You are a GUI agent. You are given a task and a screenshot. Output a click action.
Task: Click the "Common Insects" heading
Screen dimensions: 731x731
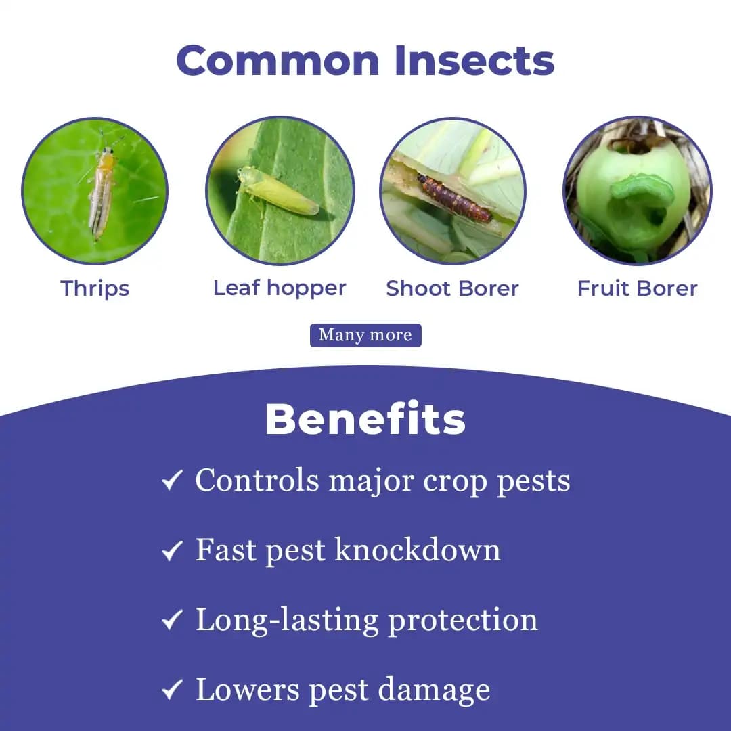(365, 60)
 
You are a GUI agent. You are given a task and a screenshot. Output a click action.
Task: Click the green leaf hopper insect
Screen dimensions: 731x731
(278, 190)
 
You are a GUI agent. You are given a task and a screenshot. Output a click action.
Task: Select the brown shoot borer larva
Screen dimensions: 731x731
(453, 198)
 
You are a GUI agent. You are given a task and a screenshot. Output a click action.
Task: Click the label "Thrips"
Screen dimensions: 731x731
(95, 288)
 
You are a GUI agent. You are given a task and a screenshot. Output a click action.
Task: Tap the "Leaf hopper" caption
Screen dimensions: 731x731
(280, 288)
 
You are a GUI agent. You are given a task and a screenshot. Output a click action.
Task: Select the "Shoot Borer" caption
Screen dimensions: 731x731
(452, 288)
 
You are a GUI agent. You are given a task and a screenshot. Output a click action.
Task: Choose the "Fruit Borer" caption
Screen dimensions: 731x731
(637, 288)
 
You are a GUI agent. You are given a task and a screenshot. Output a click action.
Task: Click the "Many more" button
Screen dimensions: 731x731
(365, 335)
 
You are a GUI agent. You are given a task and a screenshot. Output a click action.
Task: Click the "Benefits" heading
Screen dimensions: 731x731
(365, 420)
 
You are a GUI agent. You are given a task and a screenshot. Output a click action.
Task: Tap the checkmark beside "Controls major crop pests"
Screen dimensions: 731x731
(172, 481)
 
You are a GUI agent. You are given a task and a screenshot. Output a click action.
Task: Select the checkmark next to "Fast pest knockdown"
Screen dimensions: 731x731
(172, 551)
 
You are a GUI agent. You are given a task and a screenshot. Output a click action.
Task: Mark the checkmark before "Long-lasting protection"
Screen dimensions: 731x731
(172, 620)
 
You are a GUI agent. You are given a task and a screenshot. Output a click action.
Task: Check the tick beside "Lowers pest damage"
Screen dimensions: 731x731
(172, 690)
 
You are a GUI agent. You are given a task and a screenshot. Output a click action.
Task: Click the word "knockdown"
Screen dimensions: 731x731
(418, 550)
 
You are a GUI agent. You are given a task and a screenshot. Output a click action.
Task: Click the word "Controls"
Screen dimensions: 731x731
(257, 481)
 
